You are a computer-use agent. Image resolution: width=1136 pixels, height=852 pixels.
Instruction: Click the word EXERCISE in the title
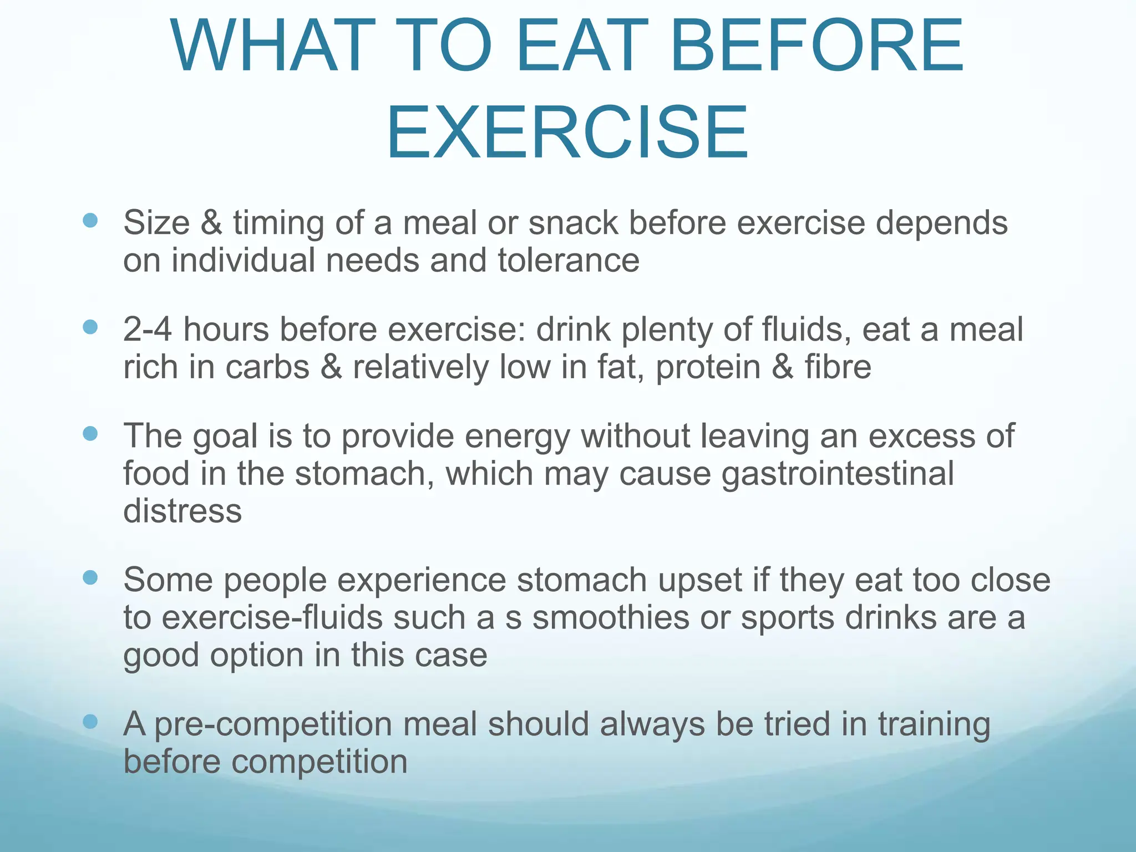(x=567, y=133)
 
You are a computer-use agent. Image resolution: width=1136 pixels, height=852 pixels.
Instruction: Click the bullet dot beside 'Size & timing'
(x=90, y=221)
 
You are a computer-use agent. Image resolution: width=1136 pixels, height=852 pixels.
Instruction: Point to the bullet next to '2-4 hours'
(x=90, y=327)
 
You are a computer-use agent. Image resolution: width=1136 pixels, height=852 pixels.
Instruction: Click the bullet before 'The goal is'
(x=90, y=433)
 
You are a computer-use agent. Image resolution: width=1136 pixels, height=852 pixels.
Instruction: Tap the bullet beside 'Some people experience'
(x=90, y=578)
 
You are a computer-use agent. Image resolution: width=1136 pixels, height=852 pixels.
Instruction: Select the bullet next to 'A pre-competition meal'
(x=90, y=722)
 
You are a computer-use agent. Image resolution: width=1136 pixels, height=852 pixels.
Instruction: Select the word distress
(x=182, y=511)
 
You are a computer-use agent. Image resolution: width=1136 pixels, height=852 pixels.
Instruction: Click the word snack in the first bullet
(x=573, y=223)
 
